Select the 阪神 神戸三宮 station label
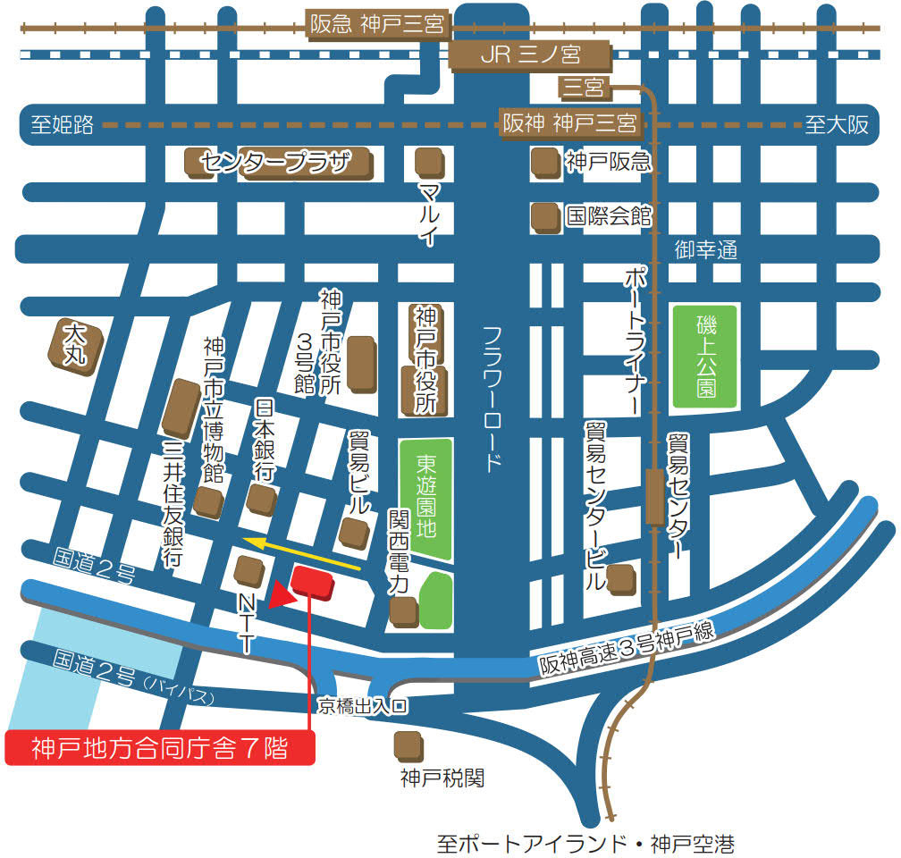(568, 122)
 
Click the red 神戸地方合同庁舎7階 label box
(160, 748)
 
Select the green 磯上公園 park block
(706, 356)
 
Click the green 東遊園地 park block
(425, 499)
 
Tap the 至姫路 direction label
(62, 125)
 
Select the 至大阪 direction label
(836, 125)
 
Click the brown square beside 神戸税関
(408, 744)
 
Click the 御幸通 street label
(705, 251)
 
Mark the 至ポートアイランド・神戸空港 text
(585, 843)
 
